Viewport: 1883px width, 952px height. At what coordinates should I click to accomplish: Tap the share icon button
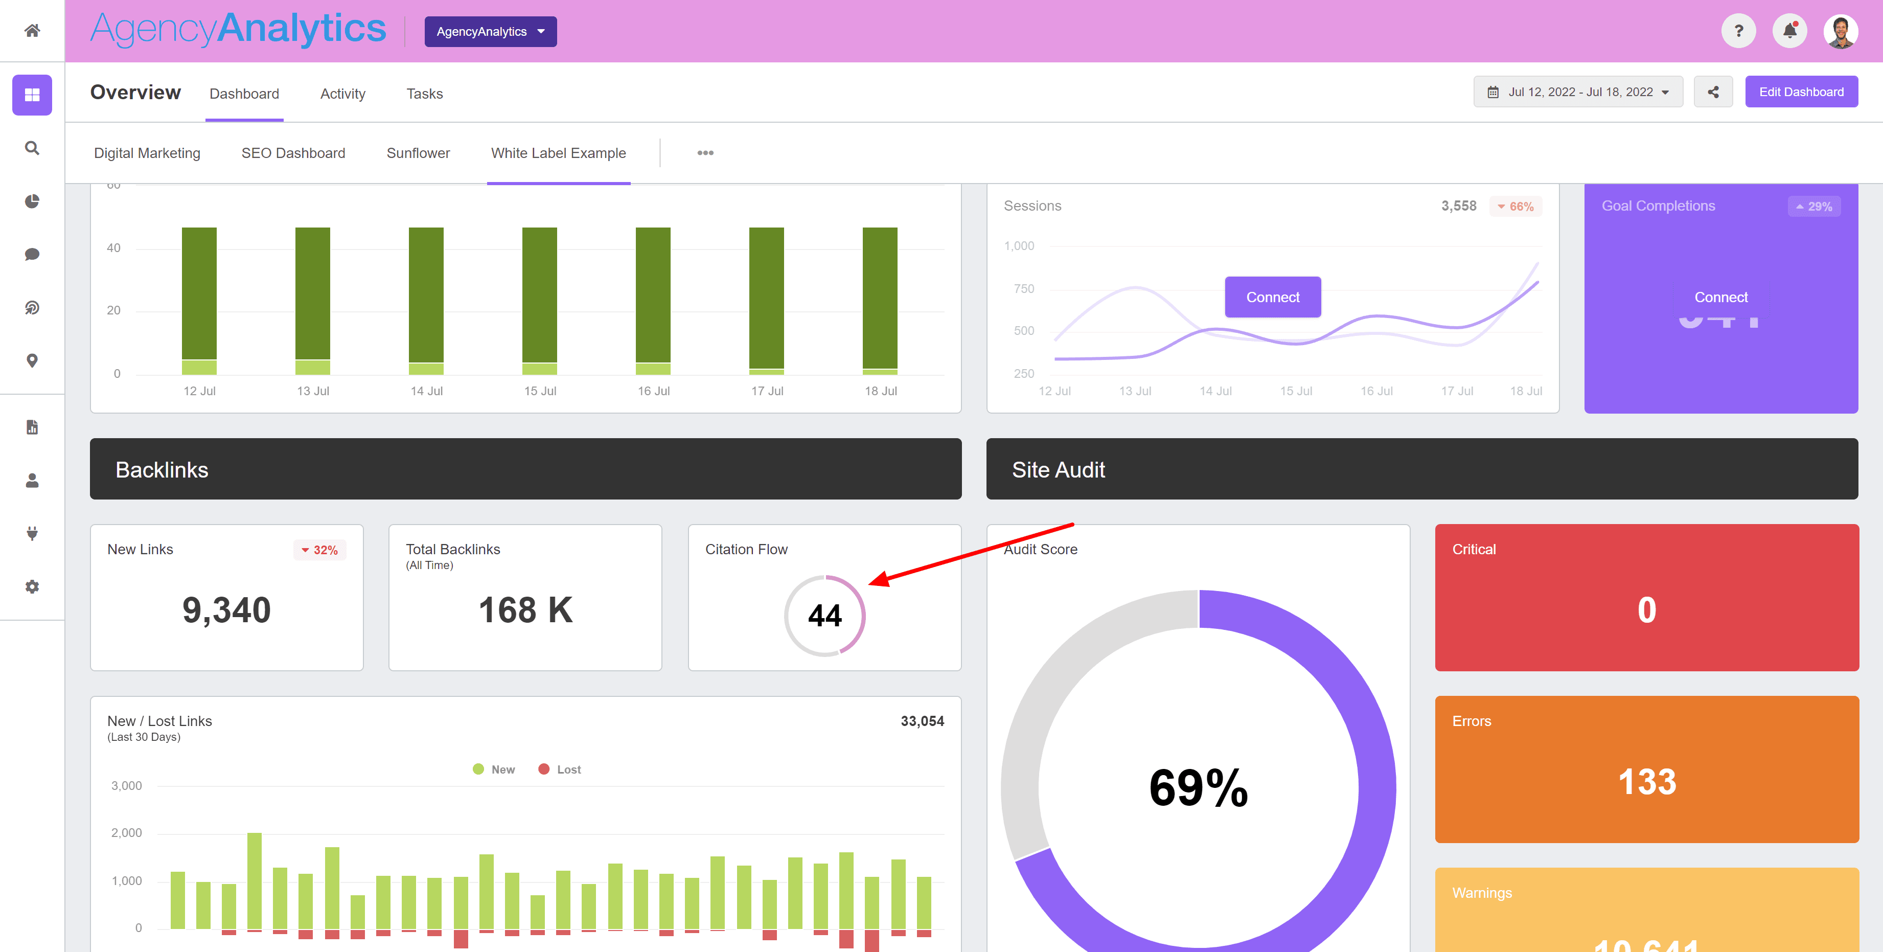pos(1713,92)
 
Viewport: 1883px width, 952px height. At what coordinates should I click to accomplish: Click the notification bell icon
pos(1789,31)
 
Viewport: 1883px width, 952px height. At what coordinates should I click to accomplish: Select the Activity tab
pos(342,94)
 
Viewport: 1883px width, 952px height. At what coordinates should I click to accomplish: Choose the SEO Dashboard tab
pos(293,153)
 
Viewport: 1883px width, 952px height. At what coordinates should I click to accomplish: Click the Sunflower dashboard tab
pos(418,153)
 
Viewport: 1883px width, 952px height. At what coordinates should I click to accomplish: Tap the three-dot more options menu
pos(705,153)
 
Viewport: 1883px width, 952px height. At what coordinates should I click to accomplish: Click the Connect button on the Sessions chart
pos(1272,297)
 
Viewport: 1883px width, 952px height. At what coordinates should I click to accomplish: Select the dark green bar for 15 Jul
pos(539,294)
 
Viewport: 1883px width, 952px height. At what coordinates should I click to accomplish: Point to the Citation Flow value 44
pos(824,616)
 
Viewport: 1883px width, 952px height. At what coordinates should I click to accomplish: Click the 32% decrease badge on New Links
pos(319,550)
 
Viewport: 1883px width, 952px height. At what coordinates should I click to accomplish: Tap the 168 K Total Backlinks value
pos(525,610)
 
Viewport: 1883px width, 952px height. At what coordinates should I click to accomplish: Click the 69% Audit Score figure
pos(1198,788)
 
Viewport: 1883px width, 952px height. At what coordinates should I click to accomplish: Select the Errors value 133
pos(1646,782)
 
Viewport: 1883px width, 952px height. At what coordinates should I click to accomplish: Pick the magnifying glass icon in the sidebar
pos(32,148)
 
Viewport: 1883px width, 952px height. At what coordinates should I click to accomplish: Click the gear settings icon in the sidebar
pos(32,586)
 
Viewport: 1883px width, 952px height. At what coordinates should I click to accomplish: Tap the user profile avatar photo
pos(1840,31)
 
